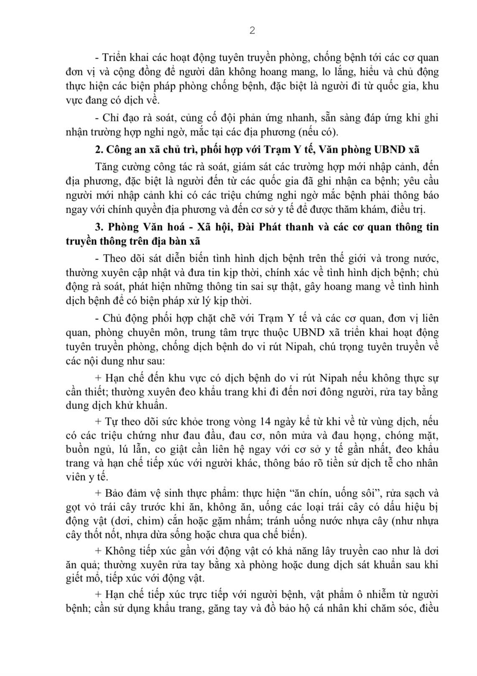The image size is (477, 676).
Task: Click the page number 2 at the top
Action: point(252,31)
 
